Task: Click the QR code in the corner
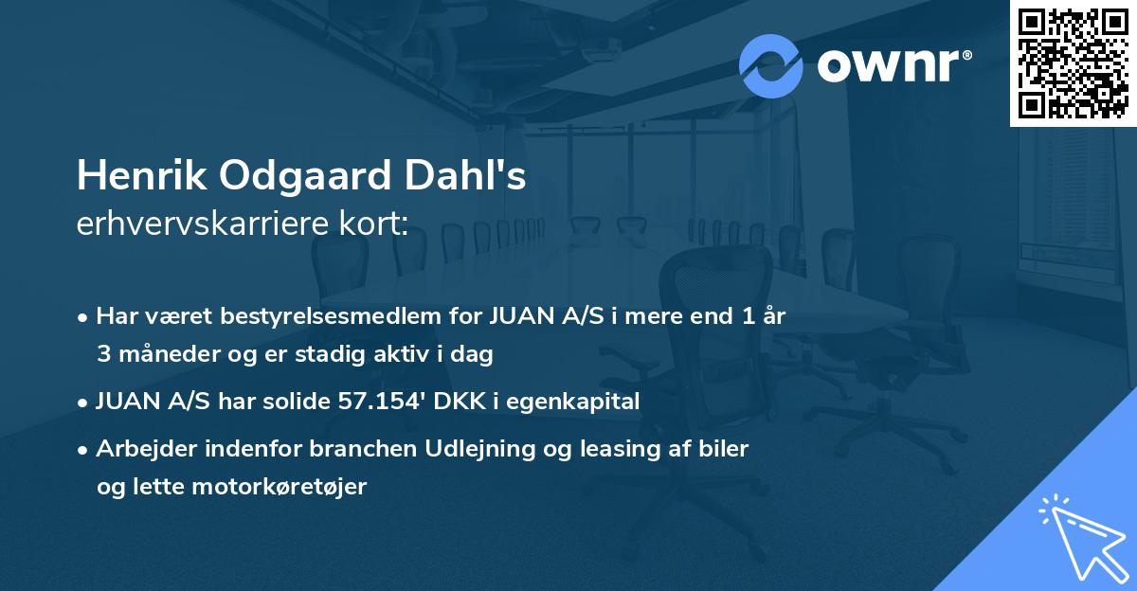tap(1073, 63)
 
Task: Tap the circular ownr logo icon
tap(771, 64)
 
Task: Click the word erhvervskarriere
tap(206, 224)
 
